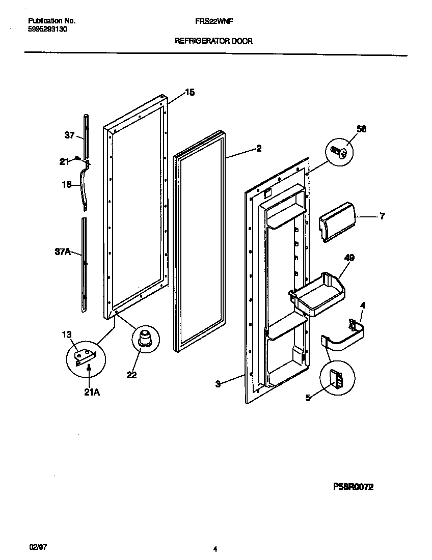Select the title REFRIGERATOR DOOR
213,41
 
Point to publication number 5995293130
47,29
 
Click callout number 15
189,93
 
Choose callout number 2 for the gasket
259,148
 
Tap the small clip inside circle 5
337,378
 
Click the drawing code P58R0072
353,487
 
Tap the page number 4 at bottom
215,549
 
